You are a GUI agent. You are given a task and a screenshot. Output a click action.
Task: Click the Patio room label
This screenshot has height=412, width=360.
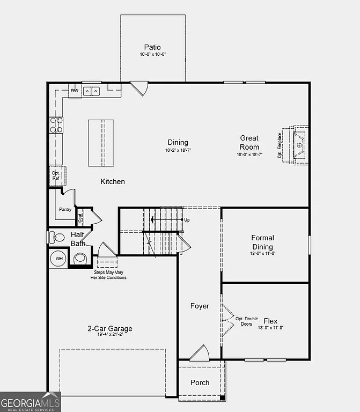point(152,47)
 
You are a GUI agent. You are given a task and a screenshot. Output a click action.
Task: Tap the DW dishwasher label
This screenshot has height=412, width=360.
point(75,91)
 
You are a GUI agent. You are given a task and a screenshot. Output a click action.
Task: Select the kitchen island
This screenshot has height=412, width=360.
point(101,143)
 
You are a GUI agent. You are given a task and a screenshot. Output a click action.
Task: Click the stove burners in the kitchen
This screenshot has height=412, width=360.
point(56,125)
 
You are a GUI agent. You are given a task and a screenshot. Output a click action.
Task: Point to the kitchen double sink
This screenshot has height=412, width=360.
point(92,91)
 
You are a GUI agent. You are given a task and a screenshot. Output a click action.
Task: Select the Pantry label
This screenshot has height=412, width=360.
point(65,210)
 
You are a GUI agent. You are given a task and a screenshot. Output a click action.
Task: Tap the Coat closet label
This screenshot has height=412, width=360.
point(80,217)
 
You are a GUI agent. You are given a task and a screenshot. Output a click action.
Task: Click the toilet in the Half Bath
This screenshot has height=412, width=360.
point(57,237)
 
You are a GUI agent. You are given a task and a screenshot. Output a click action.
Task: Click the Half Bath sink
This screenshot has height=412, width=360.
point(80,258)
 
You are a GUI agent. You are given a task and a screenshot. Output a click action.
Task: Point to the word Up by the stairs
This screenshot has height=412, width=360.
point(187,220)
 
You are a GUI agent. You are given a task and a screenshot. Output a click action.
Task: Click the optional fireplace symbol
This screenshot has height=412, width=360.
point(298,145)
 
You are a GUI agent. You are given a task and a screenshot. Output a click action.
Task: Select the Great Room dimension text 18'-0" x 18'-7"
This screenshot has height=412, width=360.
point(249,154)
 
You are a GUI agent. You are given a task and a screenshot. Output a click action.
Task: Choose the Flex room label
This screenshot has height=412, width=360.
point(270,321)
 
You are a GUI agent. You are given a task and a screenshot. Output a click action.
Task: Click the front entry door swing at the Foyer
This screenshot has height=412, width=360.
point(200,353)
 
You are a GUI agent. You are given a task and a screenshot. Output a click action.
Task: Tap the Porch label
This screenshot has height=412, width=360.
point(200,382)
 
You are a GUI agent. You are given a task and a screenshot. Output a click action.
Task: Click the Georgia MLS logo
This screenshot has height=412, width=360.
point(30,403)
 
